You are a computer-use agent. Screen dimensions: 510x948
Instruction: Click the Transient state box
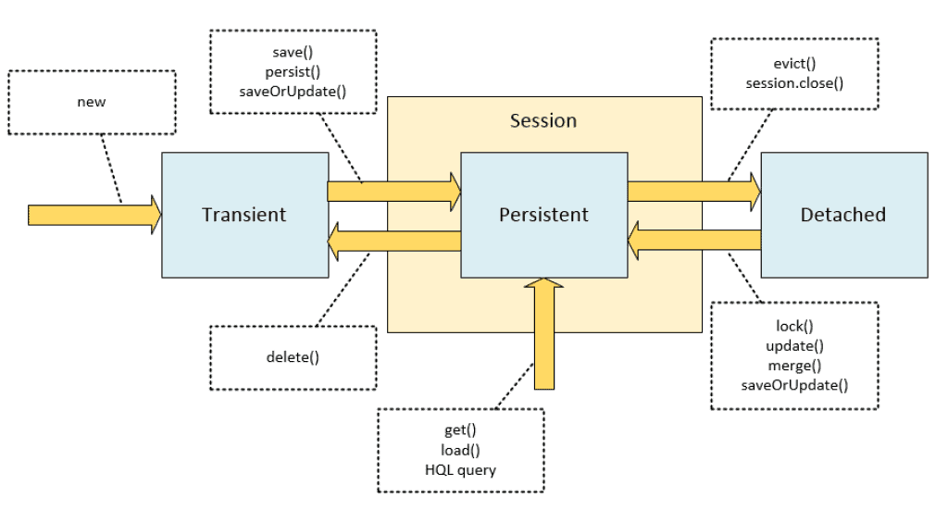(244, 215)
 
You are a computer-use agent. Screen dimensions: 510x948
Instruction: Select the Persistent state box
(543, 215)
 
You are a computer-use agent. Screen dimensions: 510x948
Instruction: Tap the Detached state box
(843, 215)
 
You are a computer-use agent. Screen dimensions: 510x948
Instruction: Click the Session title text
(543, 121)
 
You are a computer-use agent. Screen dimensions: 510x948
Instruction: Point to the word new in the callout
(91, 102)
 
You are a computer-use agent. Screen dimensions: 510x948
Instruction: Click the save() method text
(293, 53)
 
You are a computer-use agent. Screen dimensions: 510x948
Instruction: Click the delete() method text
(293, 356)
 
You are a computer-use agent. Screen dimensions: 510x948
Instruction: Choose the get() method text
(460, 431)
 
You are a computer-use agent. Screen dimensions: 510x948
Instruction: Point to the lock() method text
(794, 326)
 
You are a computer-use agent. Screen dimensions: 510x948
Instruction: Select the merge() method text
(794, 365)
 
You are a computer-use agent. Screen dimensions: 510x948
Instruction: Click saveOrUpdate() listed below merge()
(794, 384)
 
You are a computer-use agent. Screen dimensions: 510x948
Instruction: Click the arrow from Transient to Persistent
(394, 191)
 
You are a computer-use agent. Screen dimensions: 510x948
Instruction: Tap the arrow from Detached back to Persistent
(694, 241)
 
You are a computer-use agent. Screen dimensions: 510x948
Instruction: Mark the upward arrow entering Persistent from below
(543, 333)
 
